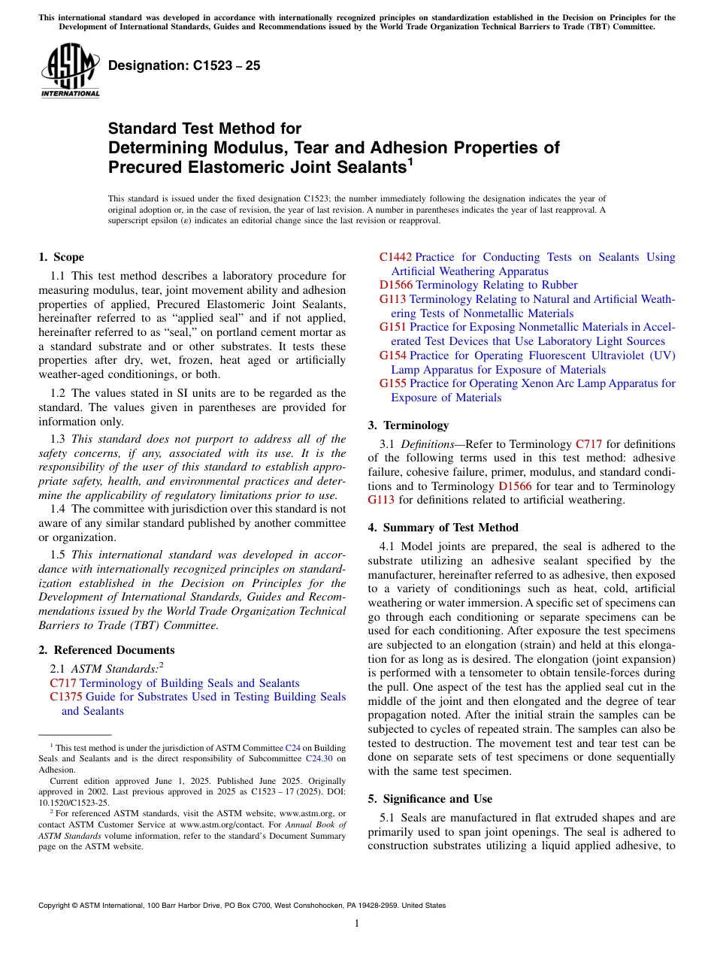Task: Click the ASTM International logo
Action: [70, 71]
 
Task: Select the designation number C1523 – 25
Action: [184, 65]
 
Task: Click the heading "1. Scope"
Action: [61, 257]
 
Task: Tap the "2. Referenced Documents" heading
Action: [106, 650]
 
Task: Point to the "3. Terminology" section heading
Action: [408, 425]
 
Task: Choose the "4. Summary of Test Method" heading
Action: [443, 528]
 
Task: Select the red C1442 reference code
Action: [395, 257]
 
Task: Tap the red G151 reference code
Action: [392, 328]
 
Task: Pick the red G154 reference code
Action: [392, 355]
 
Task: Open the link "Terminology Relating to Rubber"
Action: [497, 286]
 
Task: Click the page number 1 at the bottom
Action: [357, 924]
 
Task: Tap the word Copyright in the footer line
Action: [57, 906]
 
